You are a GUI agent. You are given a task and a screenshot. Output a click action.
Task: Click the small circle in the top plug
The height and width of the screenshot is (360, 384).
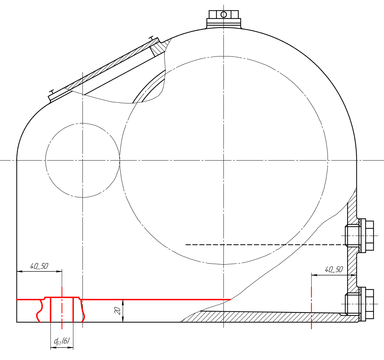click(223, 15)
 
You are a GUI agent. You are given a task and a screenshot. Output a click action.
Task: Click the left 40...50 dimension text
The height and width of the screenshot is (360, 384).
click(39, 266)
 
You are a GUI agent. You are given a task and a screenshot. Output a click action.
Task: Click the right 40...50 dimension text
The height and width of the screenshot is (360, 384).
click(334, 270)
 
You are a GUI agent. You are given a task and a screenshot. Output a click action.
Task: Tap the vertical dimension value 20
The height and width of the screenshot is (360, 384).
click(118, 311)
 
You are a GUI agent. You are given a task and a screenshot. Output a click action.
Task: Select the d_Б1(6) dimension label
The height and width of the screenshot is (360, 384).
click(62, 341)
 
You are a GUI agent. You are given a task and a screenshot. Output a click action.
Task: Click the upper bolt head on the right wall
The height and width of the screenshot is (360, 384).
click(369, 235)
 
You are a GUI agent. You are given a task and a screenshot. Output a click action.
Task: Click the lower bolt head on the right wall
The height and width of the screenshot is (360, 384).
click(369, 304)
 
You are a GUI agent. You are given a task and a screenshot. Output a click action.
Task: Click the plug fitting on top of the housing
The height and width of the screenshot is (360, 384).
click(223, 19)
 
